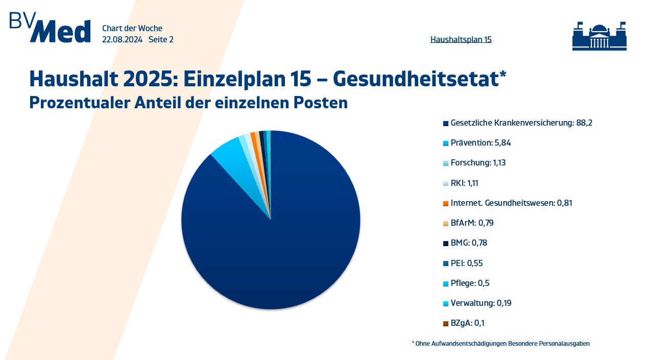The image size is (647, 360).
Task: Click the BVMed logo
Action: (50, 28)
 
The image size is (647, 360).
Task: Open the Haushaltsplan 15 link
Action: (461, 39)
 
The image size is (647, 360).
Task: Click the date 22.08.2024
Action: (122, 39)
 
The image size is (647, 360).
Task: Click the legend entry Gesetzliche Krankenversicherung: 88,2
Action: (521, 123)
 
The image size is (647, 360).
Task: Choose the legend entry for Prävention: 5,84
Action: (481, 142)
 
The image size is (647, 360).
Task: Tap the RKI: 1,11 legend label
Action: (464, 183)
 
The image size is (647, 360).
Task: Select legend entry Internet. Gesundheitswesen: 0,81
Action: (511, 203)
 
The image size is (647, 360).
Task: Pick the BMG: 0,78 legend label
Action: (469, 243)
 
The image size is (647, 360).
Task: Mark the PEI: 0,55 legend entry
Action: (466, 263)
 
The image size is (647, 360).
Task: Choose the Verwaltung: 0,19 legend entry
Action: (481, 303)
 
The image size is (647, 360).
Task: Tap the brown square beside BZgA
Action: (446, 323)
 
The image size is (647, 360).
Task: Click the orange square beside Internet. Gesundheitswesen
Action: (446, 203)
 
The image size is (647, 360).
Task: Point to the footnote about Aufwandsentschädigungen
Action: (500, 344)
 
